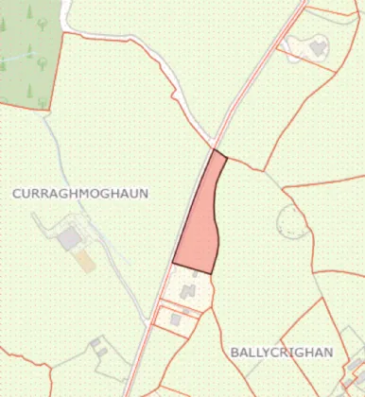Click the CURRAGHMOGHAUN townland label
80,193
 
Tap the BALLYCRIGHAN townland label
282,352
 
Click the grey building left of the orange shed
69,239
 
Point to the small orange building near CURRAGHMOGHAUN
86,260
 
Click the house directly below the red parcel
189,287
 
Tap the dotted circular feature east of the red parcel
292,223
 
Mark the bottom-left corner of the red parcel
173,262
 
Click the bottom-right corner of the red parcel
215,274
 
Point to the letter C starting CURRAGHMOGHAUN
17,193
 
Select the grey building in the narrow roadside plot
176,320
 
